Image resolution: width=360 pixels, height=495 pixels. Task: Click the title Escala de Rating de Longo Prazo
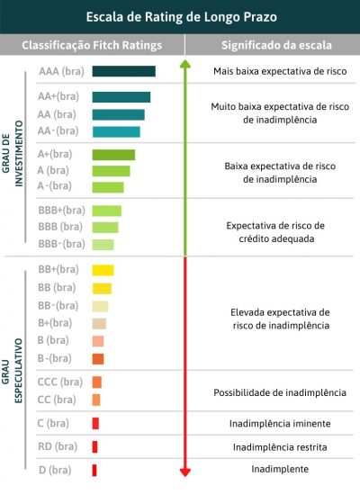180,16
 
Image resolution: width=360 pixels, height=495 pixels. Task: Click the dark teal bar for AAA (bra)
123,71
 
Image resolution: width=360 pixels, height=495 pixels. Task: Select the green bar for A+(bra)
113,155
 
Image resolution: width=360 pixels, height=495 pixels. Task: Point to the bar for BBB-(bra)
103,244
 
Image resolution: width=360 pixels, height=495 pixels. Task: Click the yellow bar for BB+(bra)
103,270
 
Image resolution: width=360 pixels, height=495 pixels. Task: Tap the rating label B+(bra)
55,323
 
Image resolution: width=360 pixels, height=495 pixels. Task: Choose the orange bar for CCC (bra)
96,382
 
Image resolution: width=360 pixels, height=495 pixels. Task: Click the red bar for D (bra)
94,470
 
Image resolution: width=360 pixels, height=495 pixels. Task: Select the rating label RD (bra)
58,446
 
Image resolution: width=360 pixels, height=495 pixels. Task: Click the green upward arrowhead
185,65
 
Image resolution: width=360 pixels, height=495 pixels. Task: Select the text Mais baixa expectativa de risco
274,71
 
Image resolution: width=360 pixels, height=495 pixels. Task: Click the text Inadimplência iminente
279,423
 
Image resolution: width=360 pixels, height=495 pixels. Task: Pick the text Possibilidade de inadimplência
279,392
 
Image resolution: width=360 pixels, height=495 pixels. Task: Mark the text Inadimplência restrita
279,446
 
